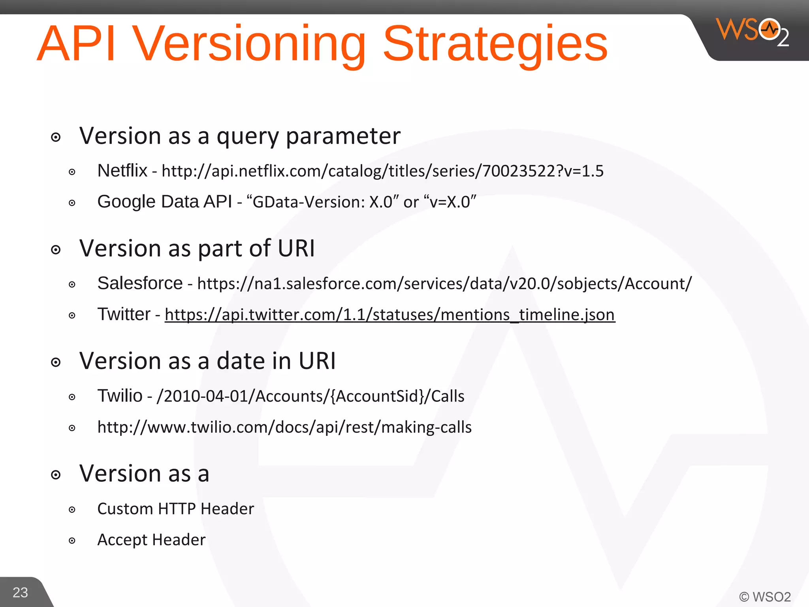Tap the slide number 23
tap(20, 592)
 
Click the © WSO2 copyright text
tap(765, 596)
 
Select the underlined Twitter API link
tap(389, 315)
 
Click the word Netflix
tap(122, 171)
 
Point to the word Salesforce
tap(140, 283)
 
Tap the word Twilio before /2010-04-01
tap(120, 396)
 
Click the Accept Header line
tap(151, 540)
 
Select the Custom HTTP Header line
tap(175, 509)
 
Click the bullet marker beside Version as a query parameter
tap(56, 138)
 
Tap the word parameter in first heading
tap(343, 136)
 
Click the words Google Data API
tap(164, 202)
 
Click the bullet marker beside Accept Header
tap(72, 541)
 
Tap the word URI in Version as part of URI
tap(296, 249)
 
